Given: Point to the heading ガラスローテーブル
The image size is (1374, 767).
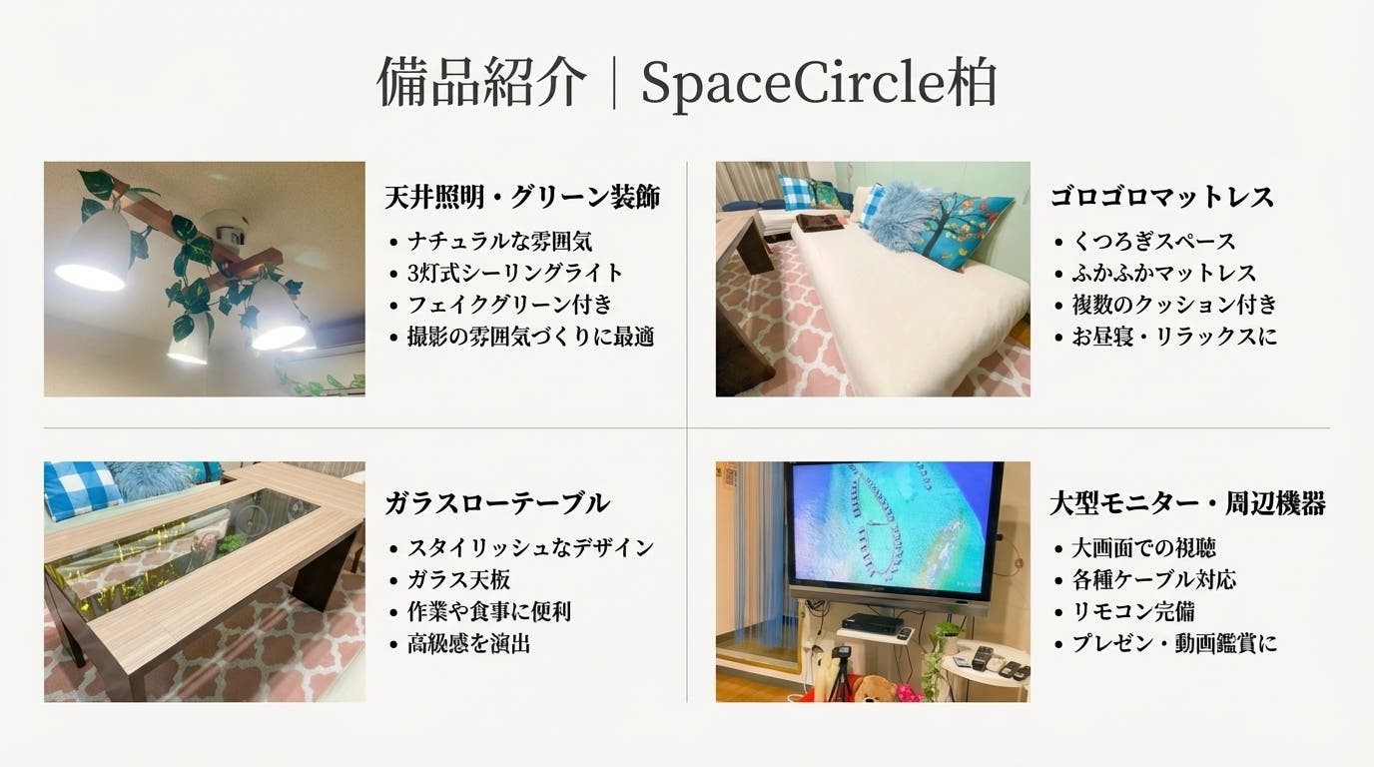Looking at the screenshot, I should point(496,503).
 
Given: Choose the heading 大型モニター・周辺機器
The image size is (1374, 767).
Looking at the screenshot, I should point(1187,503).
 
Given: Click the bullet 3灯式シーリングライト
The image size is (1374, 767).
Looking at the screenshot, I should point(515,273).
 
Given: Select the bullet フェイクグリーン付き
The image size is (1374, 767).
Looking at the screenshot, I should point(509,305).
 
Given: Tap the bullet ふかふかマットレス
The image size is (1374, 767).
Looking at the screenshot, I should point(1164,273).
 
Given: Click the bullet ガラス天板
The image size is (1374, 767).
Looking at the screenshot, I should point(458,579).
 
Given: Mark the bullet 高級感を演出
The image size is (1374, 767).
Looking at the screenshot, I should point(467,643).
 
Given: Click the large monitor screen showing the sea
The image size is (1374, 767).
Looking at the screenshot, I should point(893,523).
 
